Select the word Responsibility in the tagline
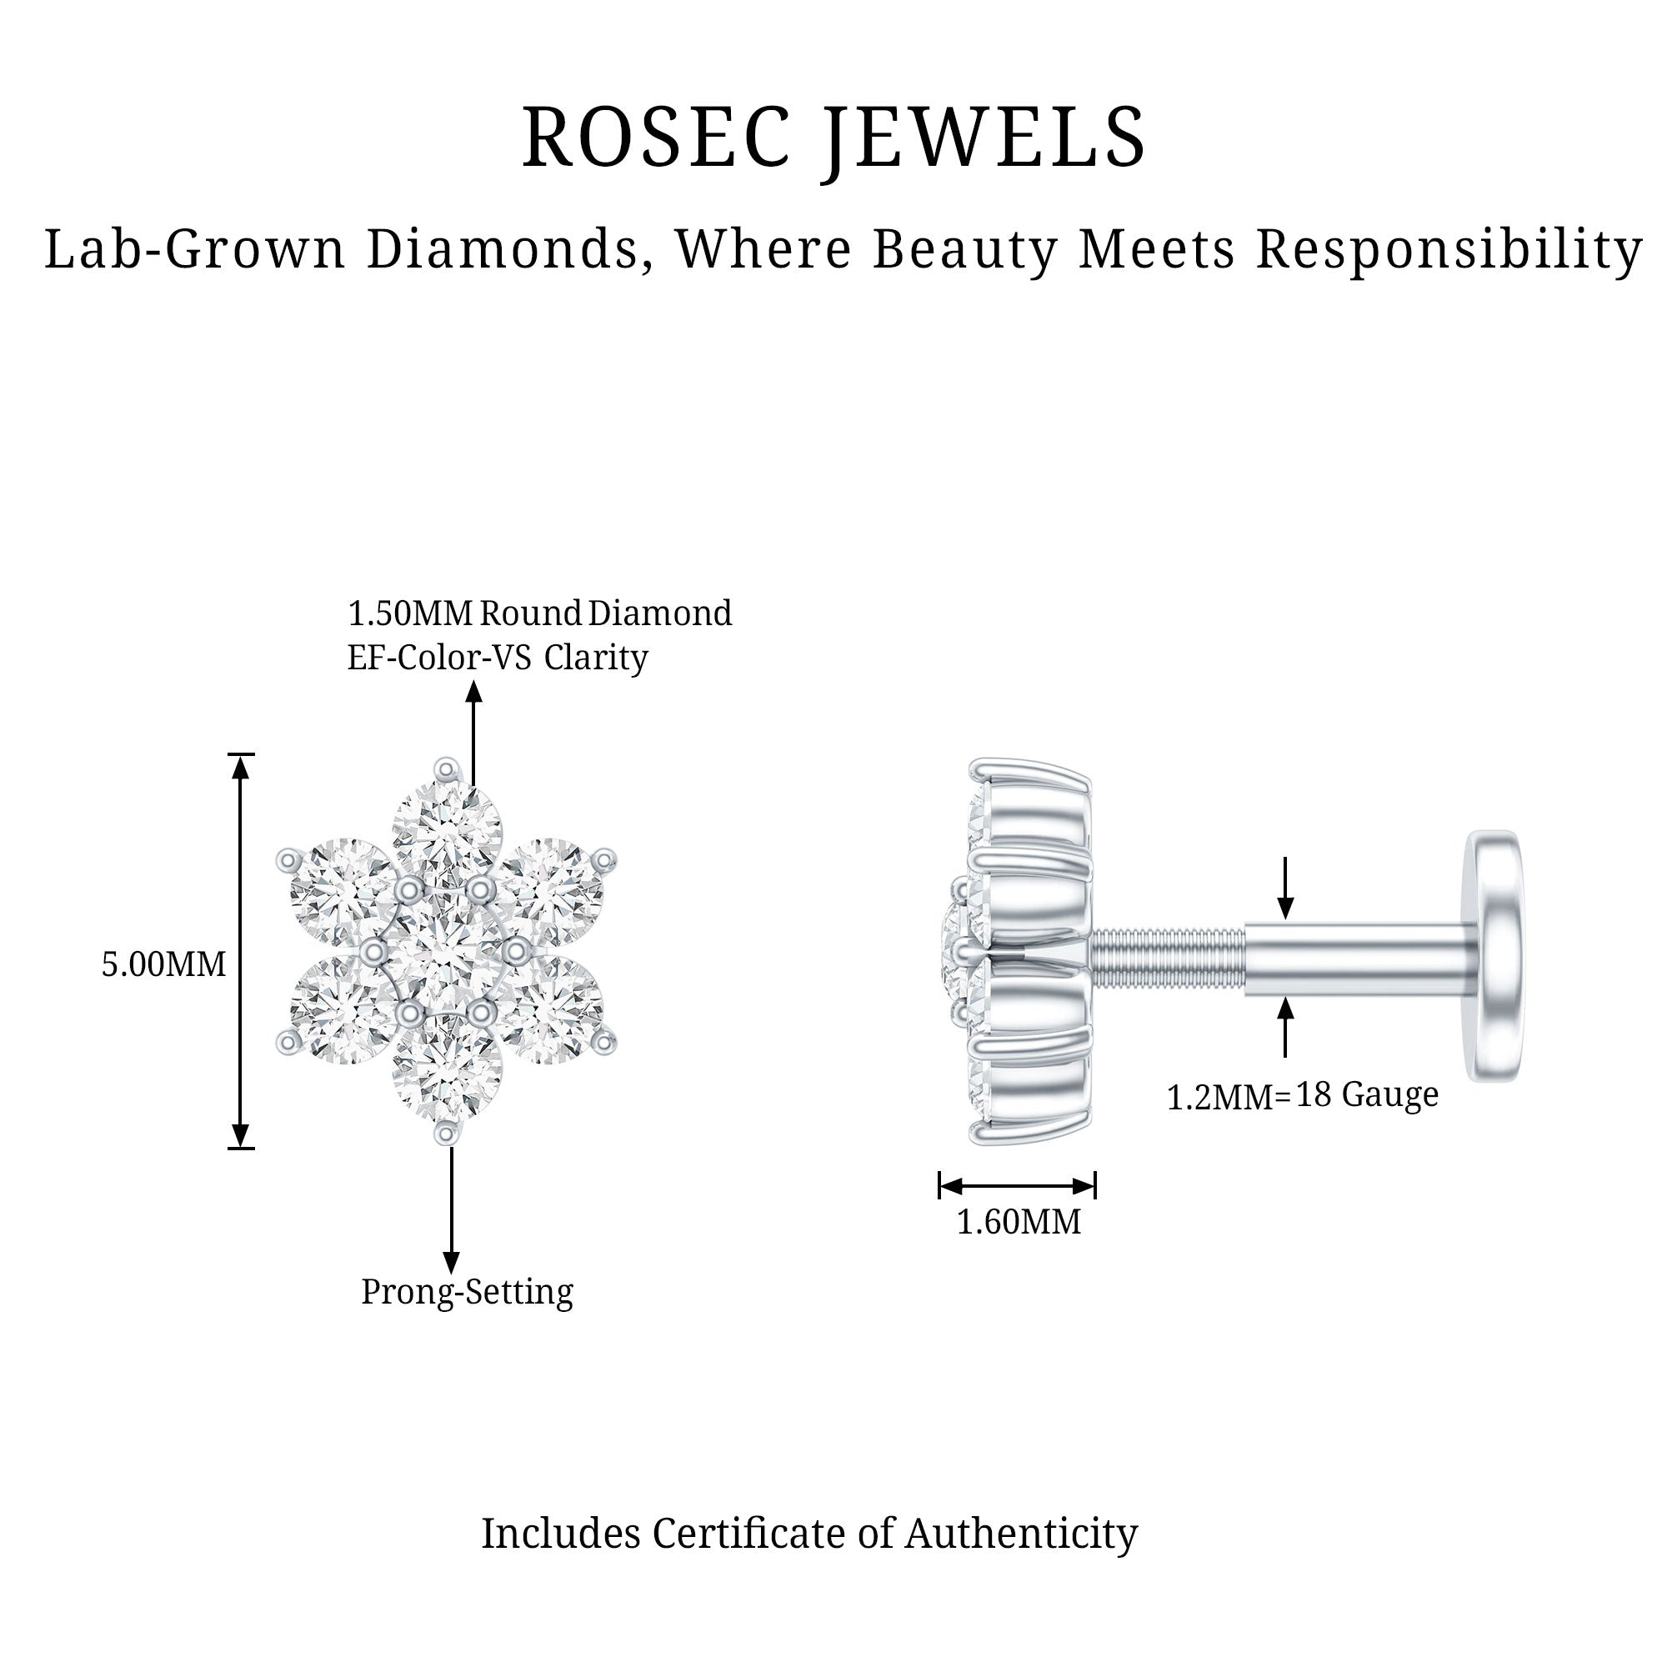1449,250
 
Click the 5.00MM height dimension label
164,964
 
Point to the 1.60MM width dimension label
1019,1222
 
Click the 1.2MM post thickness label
1221,1098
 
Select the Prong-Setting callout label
467,1292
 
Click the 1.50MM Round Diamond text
539,613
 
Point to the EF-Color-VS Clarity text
497,658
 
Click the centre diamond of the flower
444,952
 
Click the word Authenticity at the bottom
1021,1534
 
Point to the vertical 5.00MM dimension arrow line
241,863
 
